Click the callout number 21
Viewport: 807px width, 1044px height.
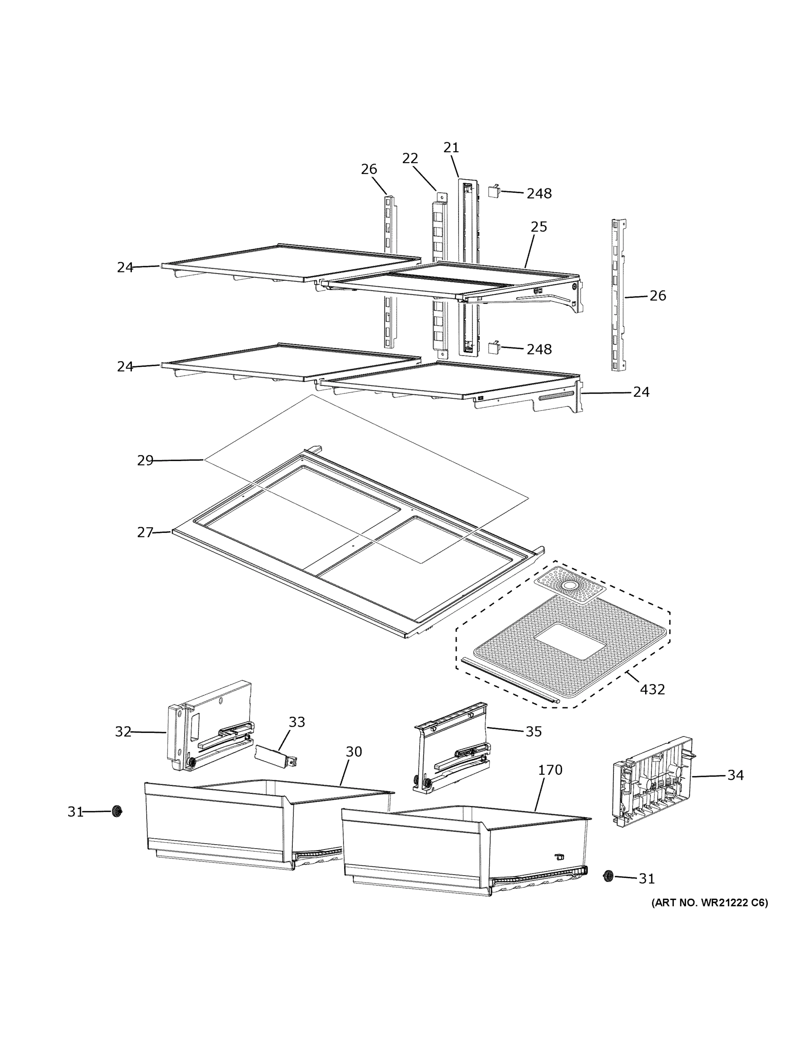point(451,148)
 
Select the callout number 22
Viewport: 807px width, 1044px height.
point(410,158)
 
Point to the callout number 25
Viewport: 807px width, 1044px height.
point(538,227)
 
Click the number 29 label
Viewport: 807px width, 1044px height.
point(145,460)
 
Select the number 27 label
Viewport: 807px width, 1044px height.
point(145,532)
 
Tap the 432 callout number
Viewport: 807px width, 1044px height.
point(652,689)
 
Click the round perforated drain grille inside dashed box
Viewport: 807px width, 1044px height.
point(569,585)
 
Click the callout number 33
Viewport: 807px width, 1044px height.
point(296,722)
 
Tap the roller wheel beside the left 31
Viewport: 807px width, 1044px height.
point(116,811)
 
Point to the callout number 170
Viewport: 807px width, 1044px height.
point(550,770)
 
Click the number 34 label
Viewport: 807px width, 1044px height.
point(735,775)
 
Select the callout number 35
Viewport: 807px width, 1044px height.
point(533,731)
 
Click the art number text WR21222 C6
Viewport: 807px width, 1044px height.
point(710,903)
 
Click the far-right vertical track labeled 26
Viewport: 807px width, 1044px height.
point(619,295)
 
